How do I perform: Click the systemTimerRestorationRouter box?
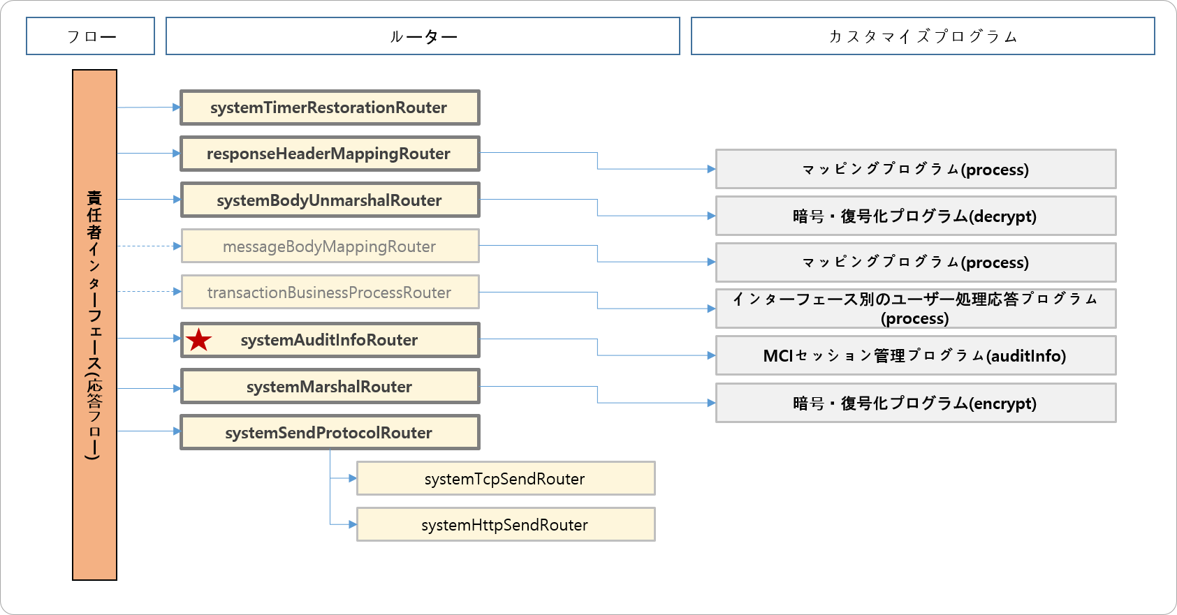click(330, 108)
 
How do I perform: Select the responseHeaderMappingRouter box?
click(330, 154)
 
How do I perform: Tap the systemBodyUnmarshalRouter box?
click(330, 200)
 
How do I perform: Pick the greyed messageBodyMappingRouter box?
click(330, 246)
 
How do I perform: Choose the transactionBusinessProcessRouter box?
click(330, 292)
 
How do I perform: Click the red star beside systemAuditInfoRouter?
click(199, 340)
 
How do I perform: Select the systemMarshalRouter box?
click(330, 387)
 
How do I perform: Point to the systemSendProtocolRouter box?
click(330, 433)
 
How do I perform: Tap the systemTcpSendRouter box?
click(505, 479)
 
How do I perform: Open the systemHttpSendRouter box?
click(505, 525)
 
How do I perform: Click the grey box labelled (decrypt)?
click(915, 216)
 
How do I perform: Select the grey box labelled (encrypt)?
click(915, 403)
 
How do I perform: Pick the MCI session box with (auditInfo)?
click(915, 356)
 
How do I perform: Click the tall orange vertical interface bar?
click(94, 325)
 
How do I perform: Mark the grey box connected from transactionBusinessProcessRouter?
click(915, 309)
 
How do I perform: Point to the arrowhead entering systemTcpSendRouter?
click(353, 478)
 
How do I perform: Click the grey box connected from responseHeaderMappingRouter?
click(915, 170)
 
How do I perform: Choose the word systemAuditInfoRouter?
click(329, 340)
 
